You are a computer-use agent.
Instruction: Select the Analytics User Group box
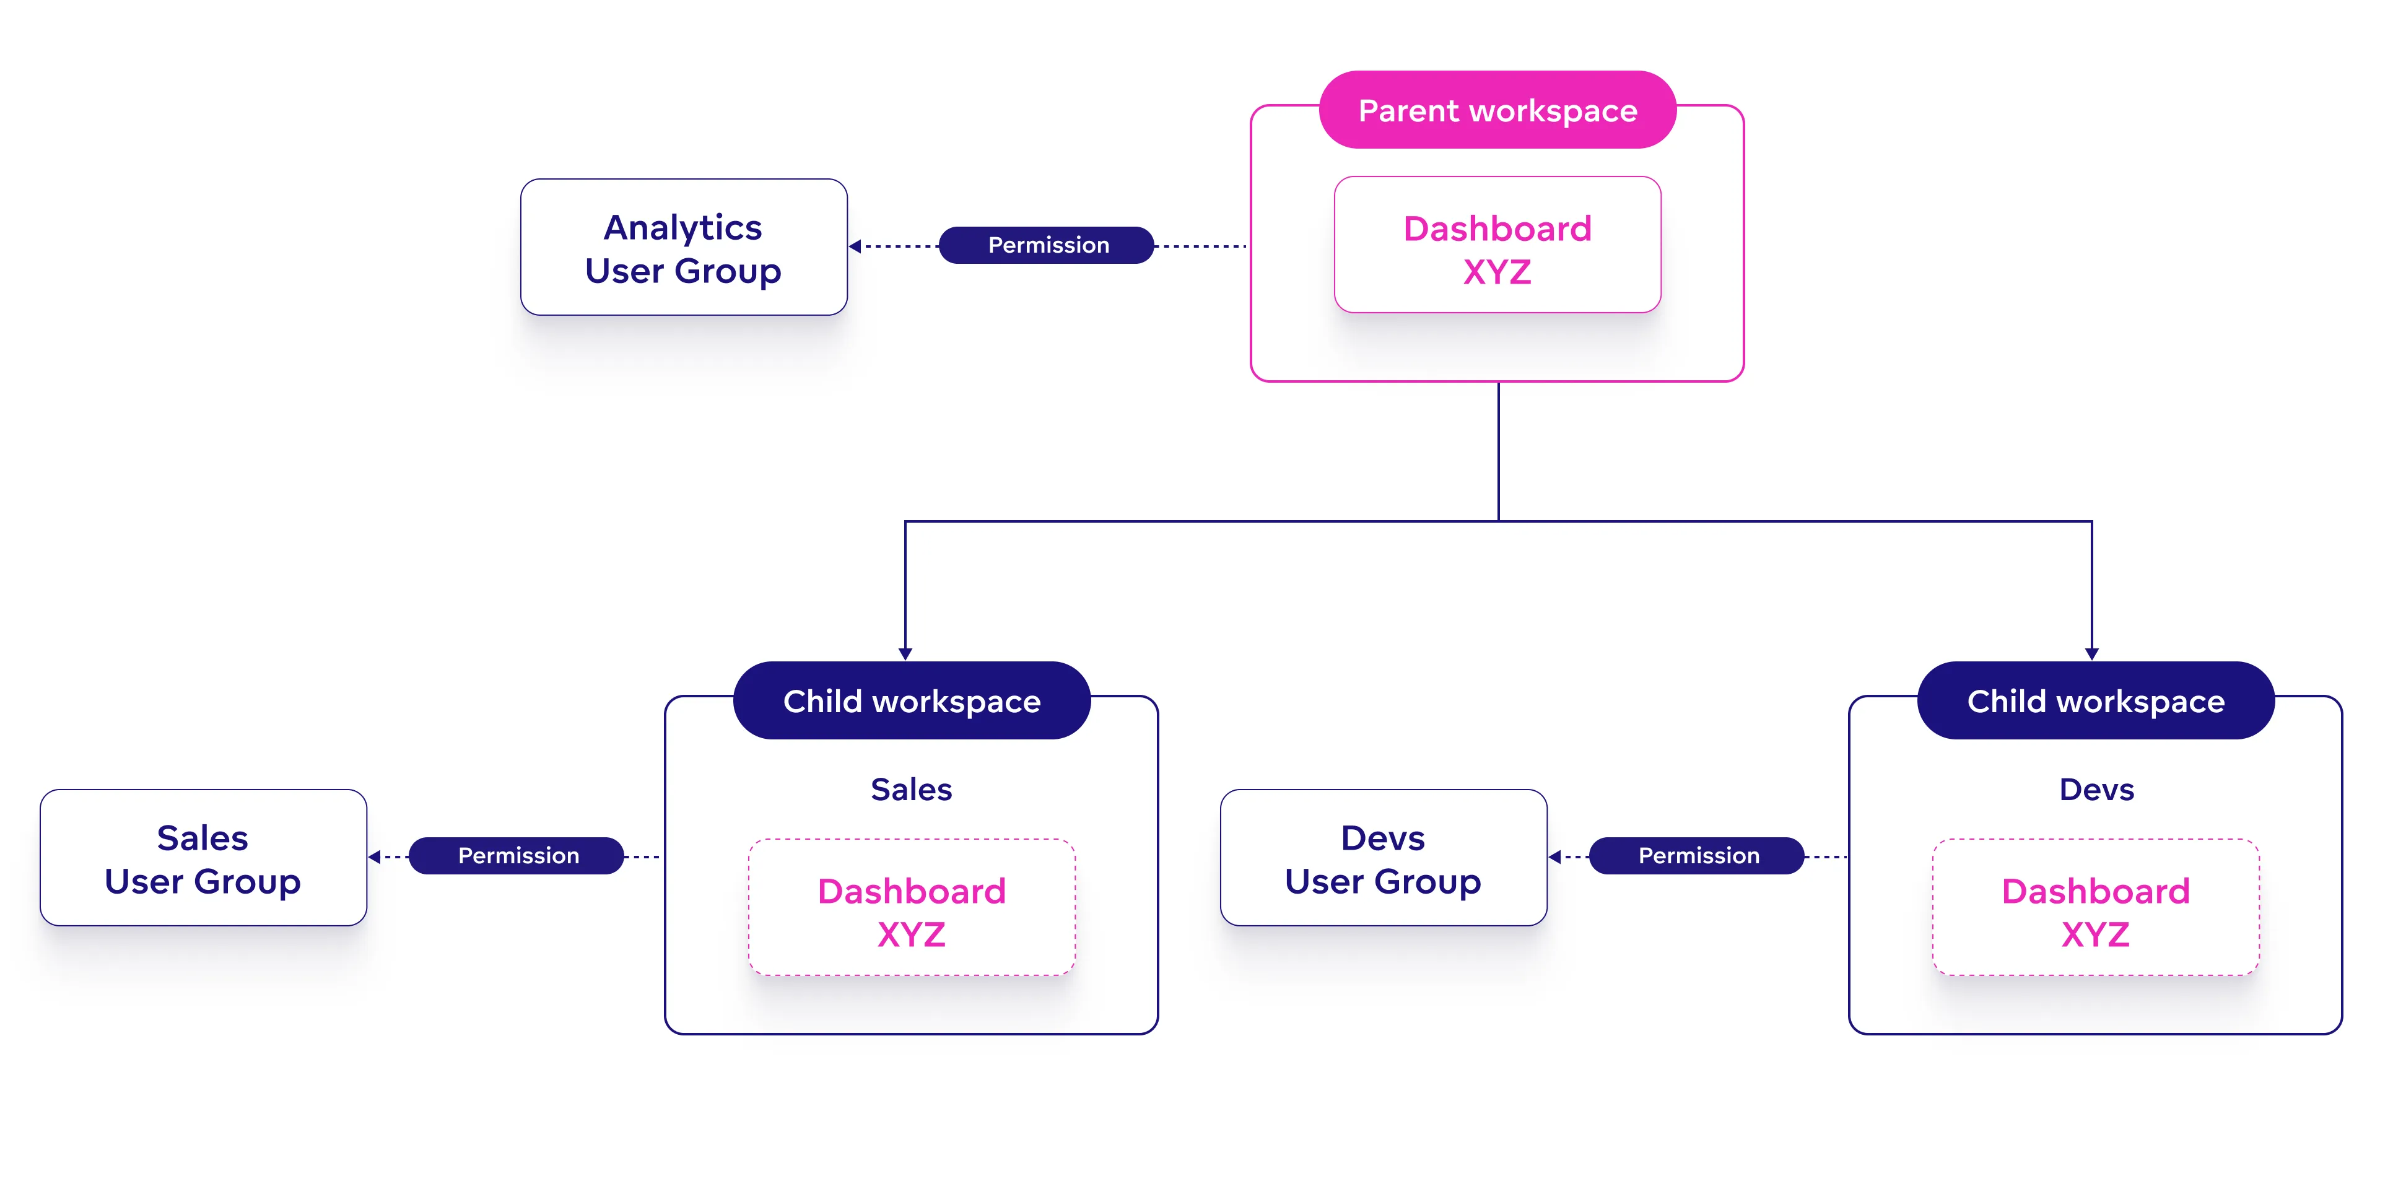pyautogui.click(x=684, y=247)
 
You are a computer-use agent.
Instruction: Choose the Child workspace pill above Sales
pyautogui.click(x=912, y=701)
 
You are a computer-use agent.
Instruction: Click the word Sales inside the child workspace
pyautogui.click(x=912, y=790)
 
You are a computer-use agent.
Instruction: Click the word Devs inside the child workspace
pyautogui.click(x=2096, y=790)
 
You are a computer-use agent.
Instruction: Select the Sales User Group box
pyautogui.click(x=203, y=857)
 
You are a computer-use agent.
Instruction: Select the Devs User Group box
pyautogui.click(x=1384, y=857)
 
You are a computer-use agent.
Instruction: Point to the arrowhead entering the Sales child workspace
pyautogui.click(x=905, y=654)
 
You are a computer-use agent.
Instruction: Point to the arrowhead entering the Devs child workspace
pyautogui.click(x=2092, y=654)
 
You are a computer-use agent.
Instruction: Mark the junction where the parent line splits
pyautogui.click(x=1499, y=521)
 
